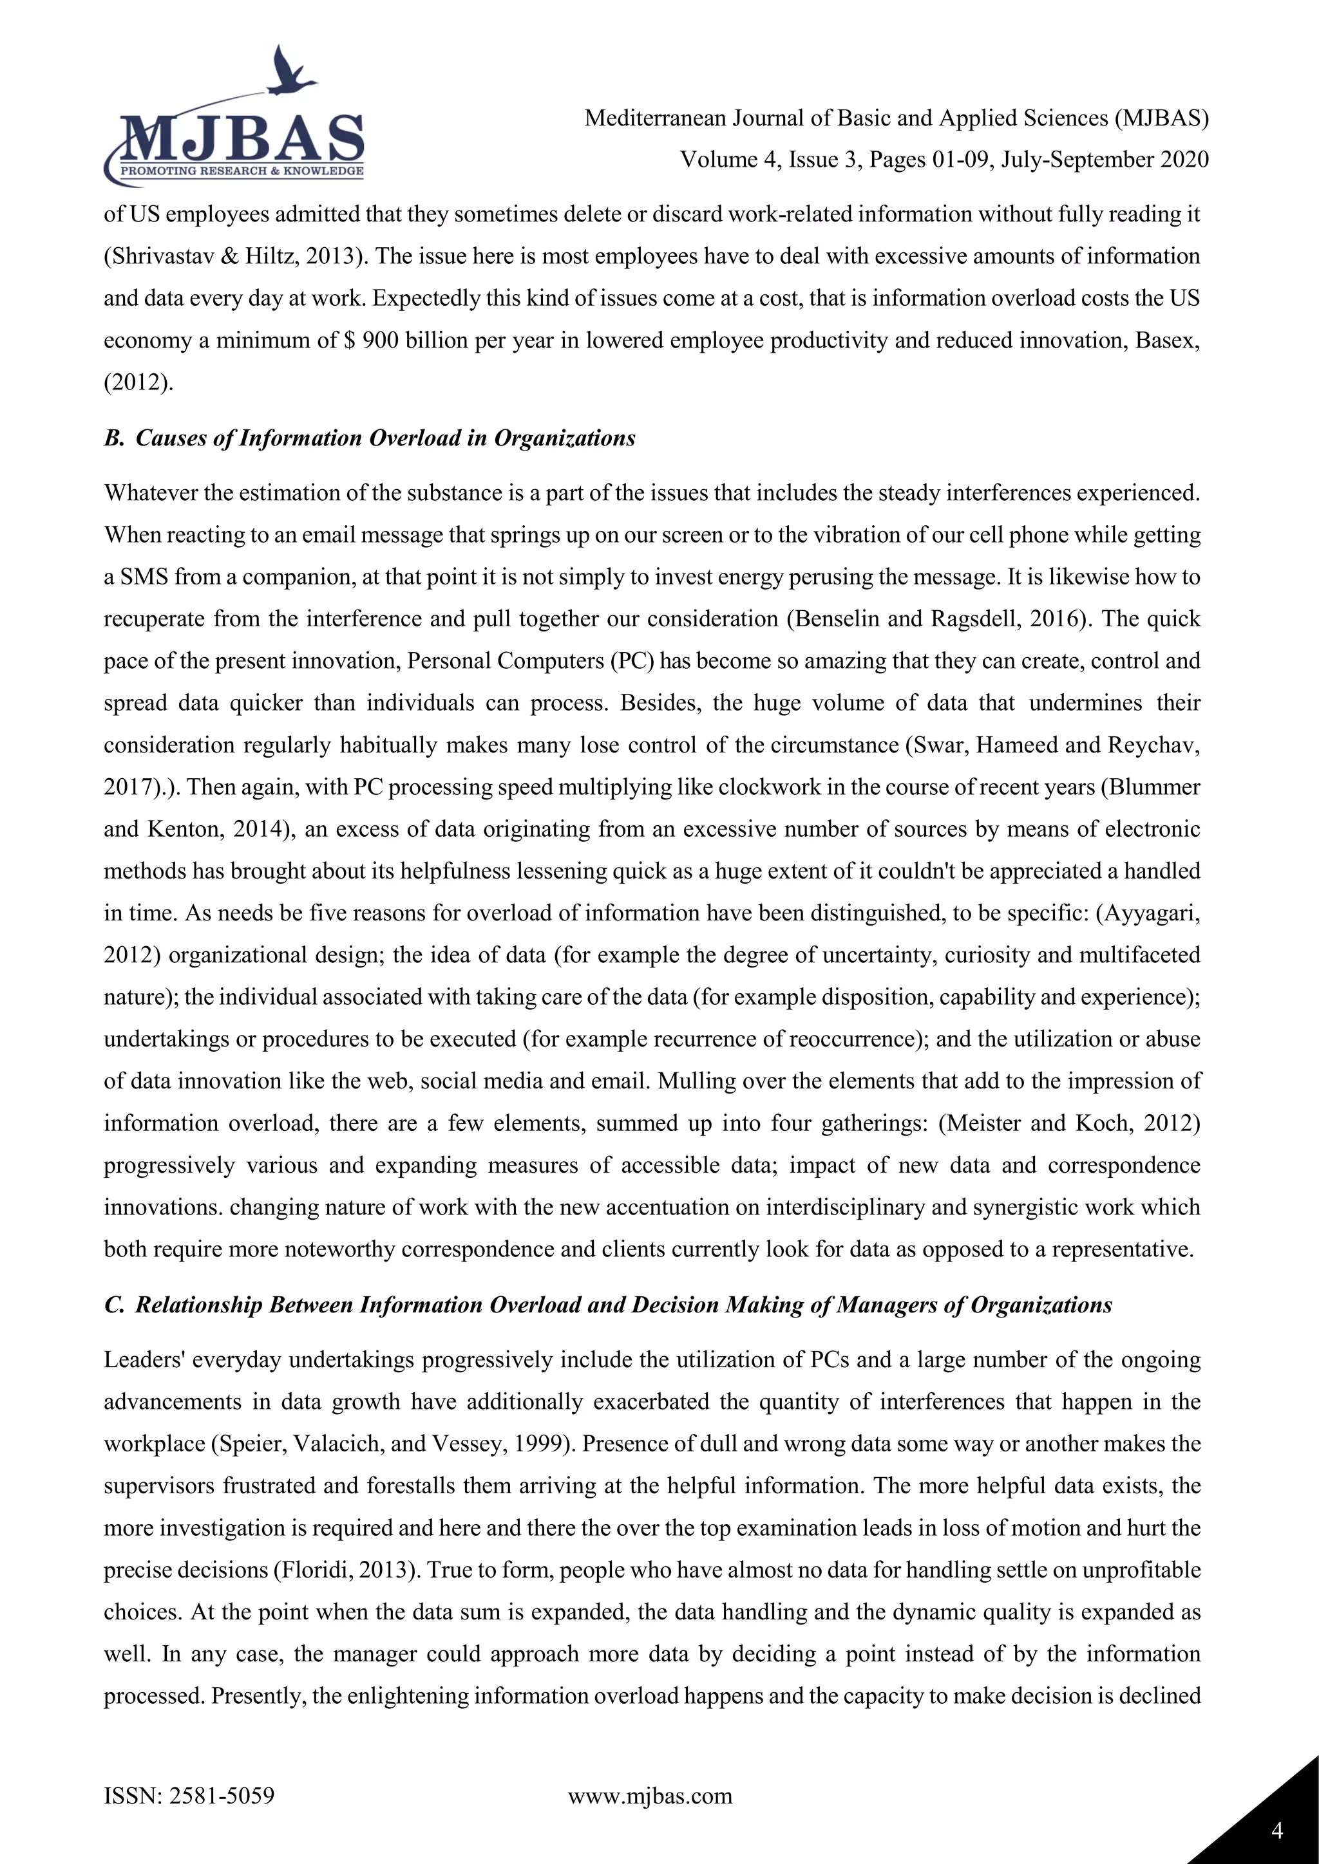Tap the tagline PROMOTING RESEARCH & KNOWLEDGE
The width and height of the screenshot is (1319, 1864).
click(x=242, y=171)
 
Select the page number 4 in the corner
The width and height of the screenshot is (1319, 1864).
click(x=1276, y=1831)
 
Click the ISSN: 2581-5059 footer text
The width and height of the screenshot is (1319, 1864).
click(x=189, y=1795)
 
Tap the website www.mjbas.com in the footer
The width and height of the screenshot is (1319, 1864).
click(x=650, y=1795)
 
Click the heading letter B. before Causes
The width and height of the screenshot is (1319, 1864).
click(x=114, y=438)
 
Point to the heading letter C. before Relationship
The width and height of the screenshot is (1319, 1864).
click(x=114, y=1305)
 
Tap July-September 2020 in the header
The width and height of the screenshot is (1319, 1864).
click(x=1105, y=160)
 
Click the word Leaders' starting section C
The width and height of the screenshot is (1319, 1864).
click(x=144, y=1360)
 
